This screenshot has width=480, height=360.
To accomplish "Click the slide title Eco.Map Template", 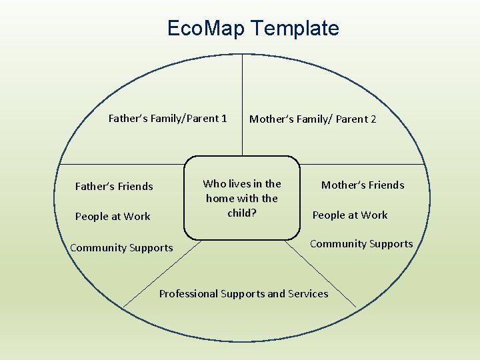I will point(253,28).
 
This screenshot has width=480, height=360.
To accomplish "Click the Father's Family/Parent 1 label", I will point(167,119).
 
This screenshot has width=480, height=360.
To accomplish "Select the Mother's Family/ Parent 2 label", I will point(313,119).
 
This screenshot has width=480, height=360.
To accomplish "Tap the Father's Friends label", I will point(114,187).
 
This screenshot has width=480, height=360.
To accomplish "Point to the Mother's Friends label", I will point(363,185).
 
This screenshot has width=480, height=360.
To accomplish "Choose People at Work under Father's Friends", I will point(113,217).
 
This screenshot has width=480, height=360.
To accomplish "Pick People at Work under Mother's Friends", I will point(350,215).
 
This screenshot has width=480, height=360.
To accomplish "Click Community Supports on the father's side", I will point(121,248).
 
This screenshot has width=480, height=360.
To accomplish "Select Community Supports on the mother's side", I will point(361,244).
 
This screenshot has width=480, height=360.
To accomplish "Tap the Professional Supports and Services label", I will point(243,294).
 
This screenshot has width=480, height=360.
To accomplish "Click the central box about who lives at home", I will point(242,198).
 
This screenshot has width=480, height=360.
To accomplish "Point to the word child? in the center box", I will point(242,213).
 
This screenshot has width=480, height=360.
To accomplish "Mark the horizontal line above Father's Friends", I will point(120,164).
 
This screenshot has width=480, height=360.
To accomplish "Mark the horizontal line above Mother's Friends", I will point(363,164).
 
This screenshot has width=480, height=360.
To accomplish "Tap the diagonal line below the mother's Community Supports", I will point(327,273).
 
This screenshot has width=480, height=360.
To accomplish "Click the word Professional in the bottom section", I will point(189,294).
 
